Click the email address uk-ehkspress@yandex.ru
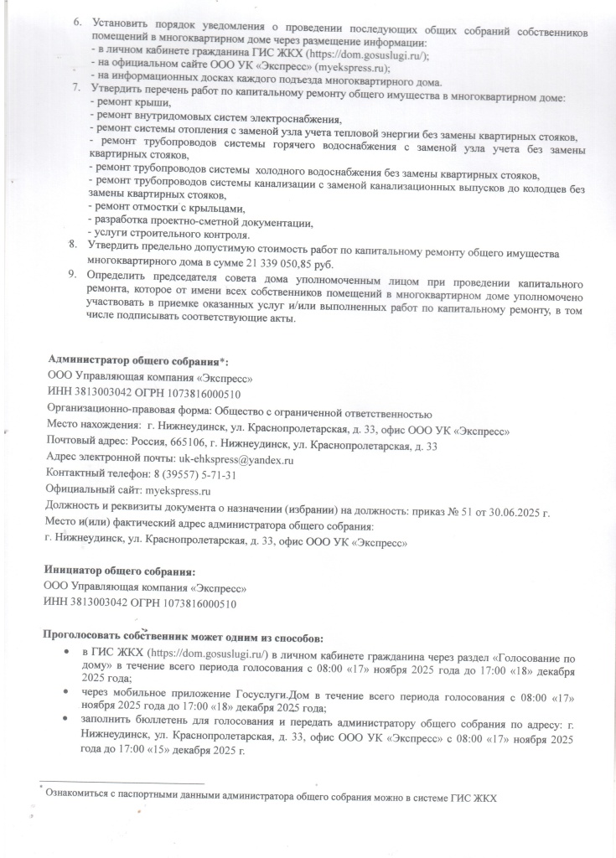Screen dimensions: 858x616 point(236,460)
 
